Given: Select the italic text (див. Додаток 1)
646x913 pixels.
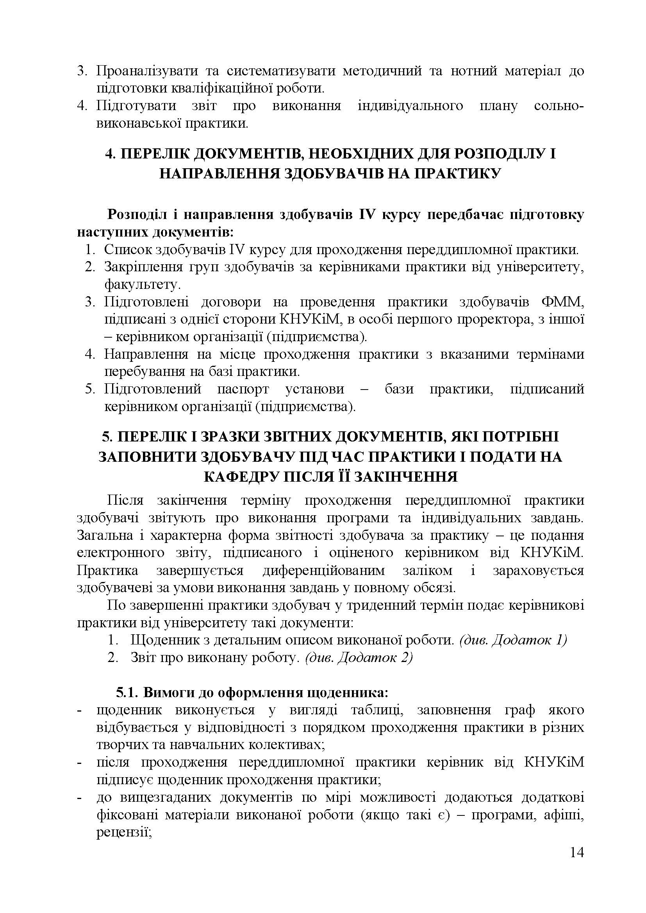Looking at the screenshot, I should coord(513,640).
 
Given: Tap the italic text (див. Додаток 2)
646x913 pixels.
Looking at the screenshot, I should coord(359,657).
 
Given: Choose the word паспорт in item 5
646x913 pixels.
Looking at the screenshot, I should coord(243,388).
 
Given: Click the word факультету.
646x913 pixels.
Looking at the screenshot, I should coord(140,284).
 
